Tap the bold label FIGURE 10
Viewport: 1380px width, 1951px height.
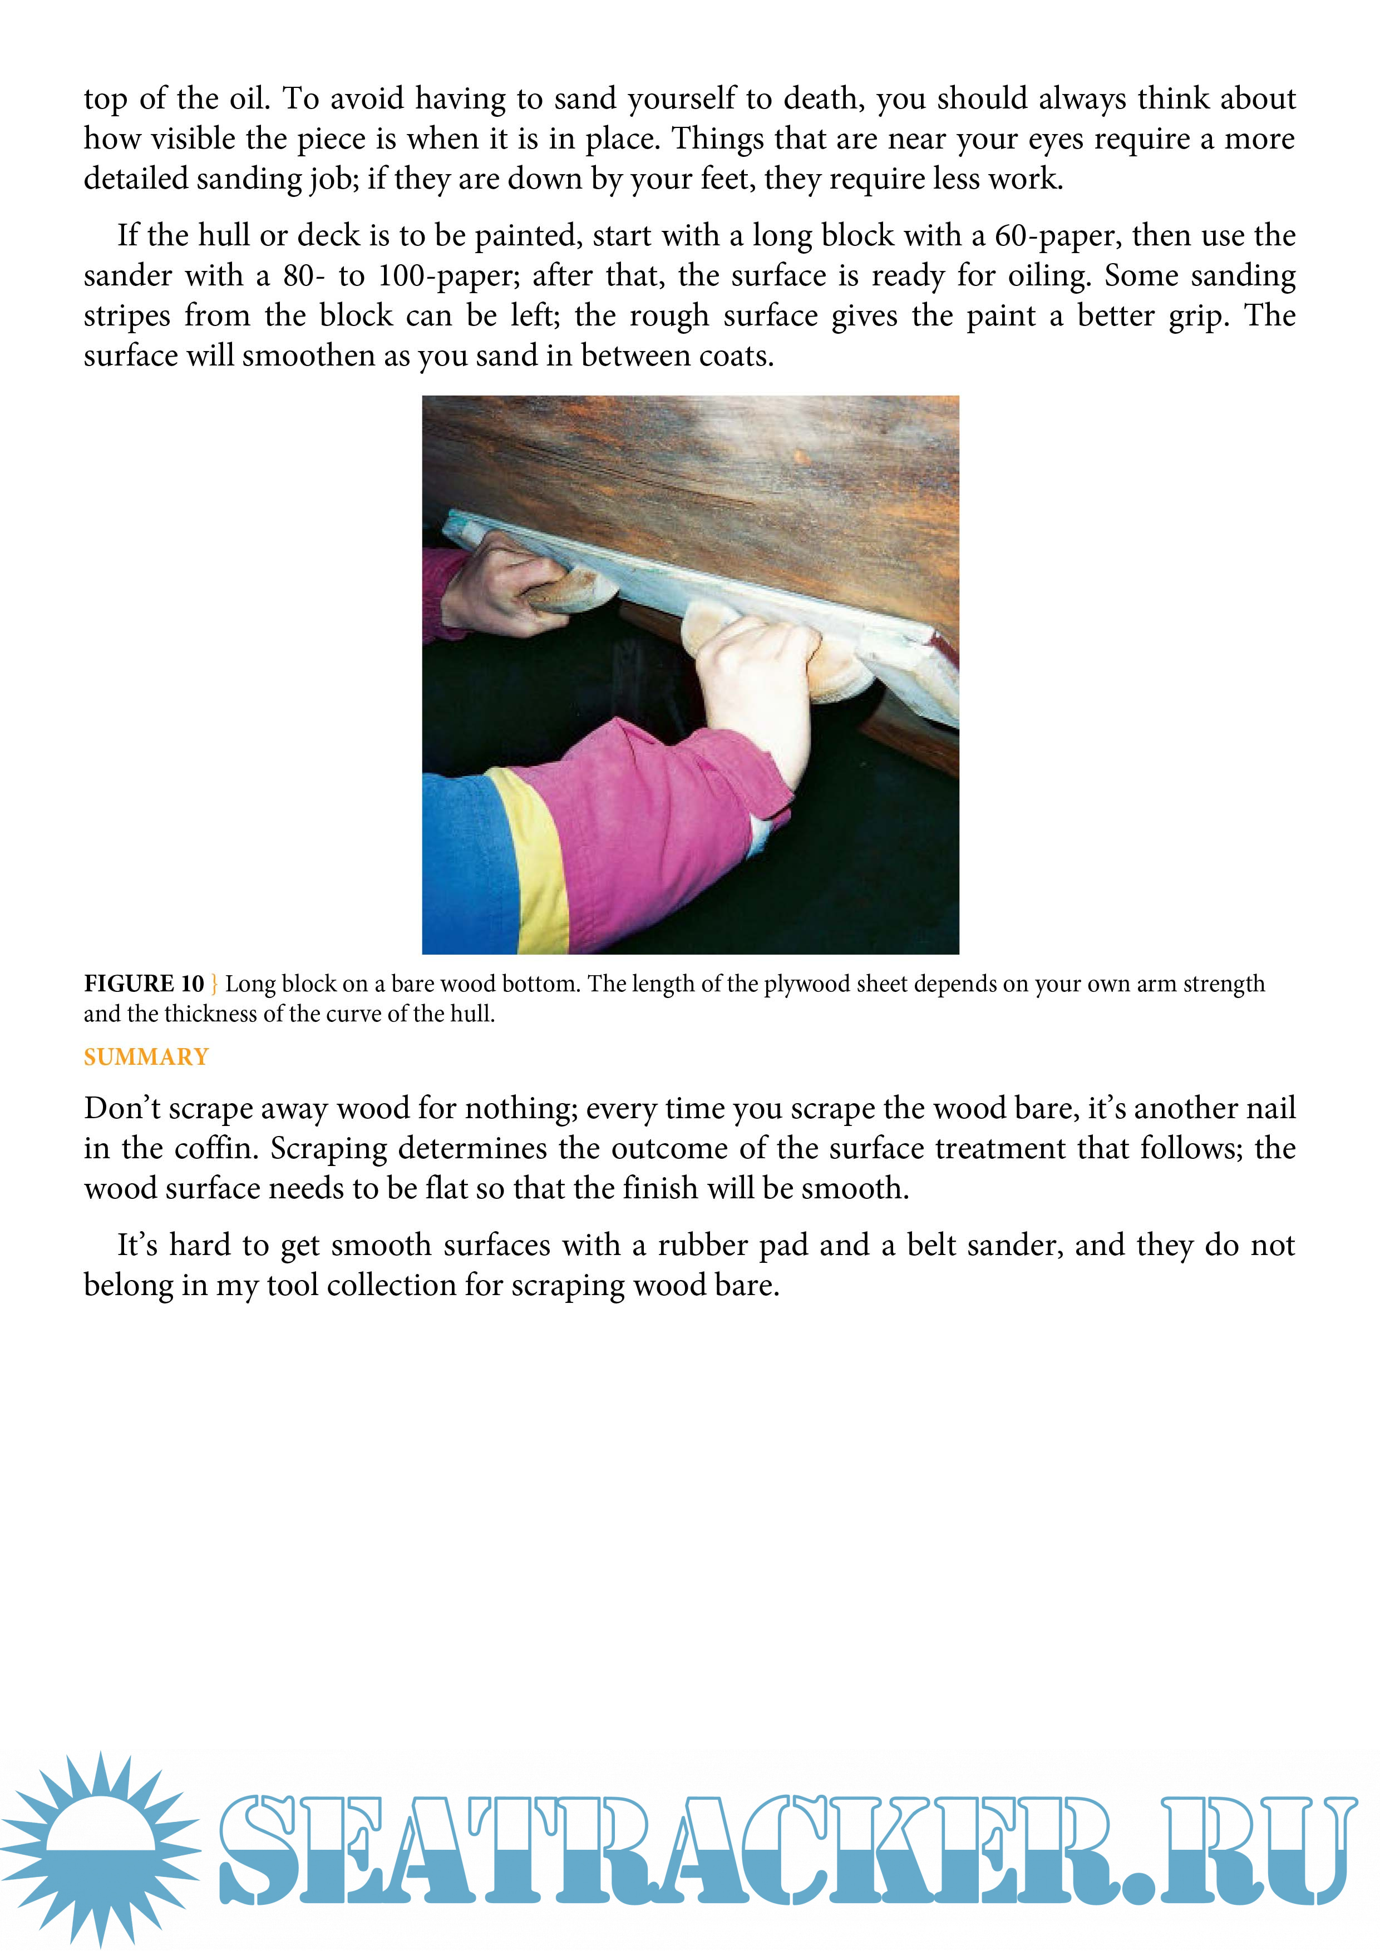click(x=144, y=984)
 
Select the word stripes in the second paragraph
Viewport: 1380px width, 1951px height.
click(x=127, y=316)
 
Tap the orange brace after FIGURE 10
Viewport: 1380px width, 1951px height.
click(x=214, y=984)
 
